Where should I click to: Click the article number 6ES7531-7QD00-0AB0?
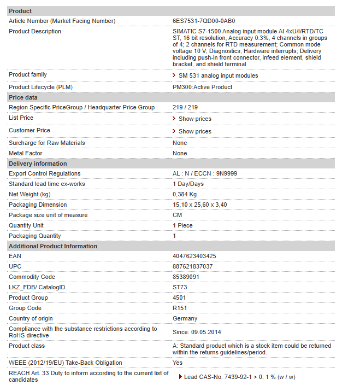tap(204, 21)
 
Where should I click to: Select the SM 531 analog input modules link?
tap(218, 75)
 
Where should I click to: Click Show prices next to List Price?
tap(194, 119)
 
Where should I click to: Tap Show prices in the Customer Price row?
tap(194, 131)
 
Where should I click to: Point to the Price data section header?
tap(23, 97)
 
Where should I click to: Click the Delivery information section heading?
tap(38, 164)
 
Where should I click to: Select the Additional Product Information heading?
tap(53, 246)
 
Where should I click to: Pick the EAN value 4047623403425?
tap(194, 256)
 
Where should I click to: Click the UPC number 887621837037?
tap(192, 266)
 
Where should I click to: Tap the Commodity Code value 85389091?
tap(186, 277)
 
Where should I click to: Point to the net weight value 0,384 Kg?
tap(185, 194)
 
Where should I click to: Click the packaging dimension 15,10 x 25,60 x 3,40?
tap(199, 205)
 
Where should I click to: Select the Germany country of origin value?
tap(185, 318)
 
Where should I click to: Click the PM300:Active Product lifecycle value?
tap(202, 87)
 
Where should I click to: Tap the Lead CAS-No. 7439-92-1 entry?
tap(239, 377)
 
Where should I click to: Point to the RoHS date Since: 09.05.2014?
tap(196, 332)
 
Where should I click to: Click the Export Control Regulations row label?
tap(45, 173)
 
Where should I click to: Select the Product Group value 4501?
tap(179, 297)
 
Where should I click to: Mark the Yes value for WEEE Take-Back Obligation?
tap(178, 363)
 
